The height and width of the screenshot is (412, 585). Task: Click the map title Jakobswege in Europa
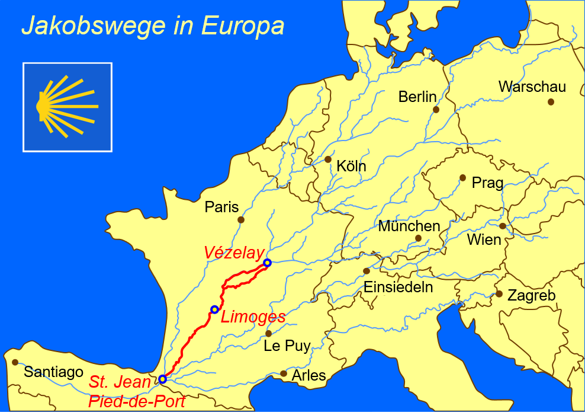(x=153, y=27)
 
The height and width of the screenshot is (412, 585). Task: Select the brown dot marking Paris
(x=241, y=219)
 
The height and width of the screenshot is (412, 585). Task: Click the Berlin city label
(x=417, y=97)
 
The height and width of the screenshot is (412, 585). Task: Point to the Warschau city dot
(x=551, y=102)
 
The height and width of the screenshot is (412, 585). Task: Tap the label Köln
(x=351, y=167)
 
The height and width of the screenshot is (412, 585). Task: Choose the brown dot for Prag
(x=462, y=178)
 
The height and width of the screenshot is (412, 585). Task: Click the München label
(x=409, y=226)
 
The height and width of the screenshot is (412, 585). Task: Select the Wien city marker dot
(x=503, y=226)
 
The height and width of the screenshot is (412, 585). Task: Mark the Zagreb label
(x=532, y=295)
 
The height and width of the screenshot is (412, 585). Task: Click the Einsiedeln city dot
(x=367, y=271)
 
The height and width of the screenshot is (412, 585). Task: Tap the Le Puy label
(x=287, y=346)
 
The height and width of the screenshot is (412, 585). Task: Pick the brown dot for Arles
(x=284, y=373)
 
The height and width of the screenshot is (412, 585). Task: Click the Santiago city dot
(x=15, y=362)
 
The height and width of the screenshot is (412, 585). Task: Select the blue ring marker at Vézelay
(x=267, y=263)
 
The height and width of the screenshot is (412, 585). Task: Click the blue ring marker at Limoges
(x=214, y=309)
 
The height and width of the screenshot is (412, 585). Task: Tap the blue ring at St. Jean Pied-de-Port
(x=162, y=379)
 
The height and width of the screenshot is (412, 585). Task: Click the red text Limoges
(x=253, y=317)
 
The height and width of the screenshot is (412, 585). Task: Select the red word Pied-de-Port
(x=137, y=401)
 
